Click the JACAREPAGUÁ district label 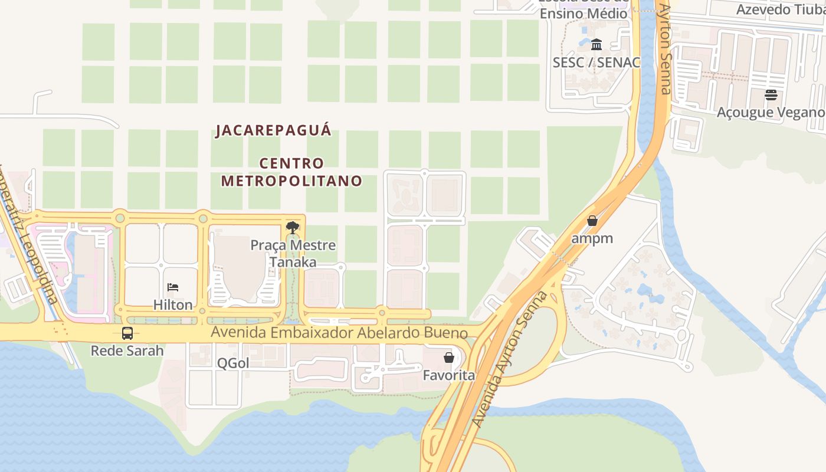274,130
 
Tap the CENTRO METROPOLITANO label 291,172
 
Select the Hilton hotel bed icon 173,287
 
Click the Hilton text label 173,304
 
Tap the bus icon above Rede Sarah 127,333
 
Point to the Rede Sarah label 127,350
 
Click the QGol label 233,363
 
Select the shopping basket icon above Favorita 448,358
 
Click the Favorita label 448,375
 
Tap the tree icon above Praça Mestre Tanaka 292,228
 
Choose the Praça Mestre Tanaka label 293,253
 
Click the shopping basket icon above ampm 592,221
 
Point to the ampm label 592,238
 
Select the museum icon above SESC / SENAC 596,44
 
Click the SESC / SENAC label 596,62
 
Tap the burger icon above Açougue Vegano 771,94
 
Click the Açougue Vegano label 771,112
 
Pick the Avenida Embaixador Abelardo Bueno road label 339,333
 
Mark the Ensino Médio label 584,13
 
